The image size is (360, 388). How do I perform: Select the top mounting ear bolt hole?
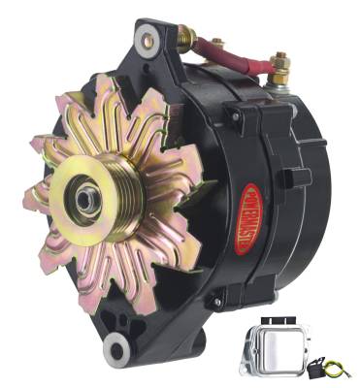[x=147, y=38]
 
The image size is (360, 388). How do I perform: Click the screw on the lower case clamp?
[x=219, y=303]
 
